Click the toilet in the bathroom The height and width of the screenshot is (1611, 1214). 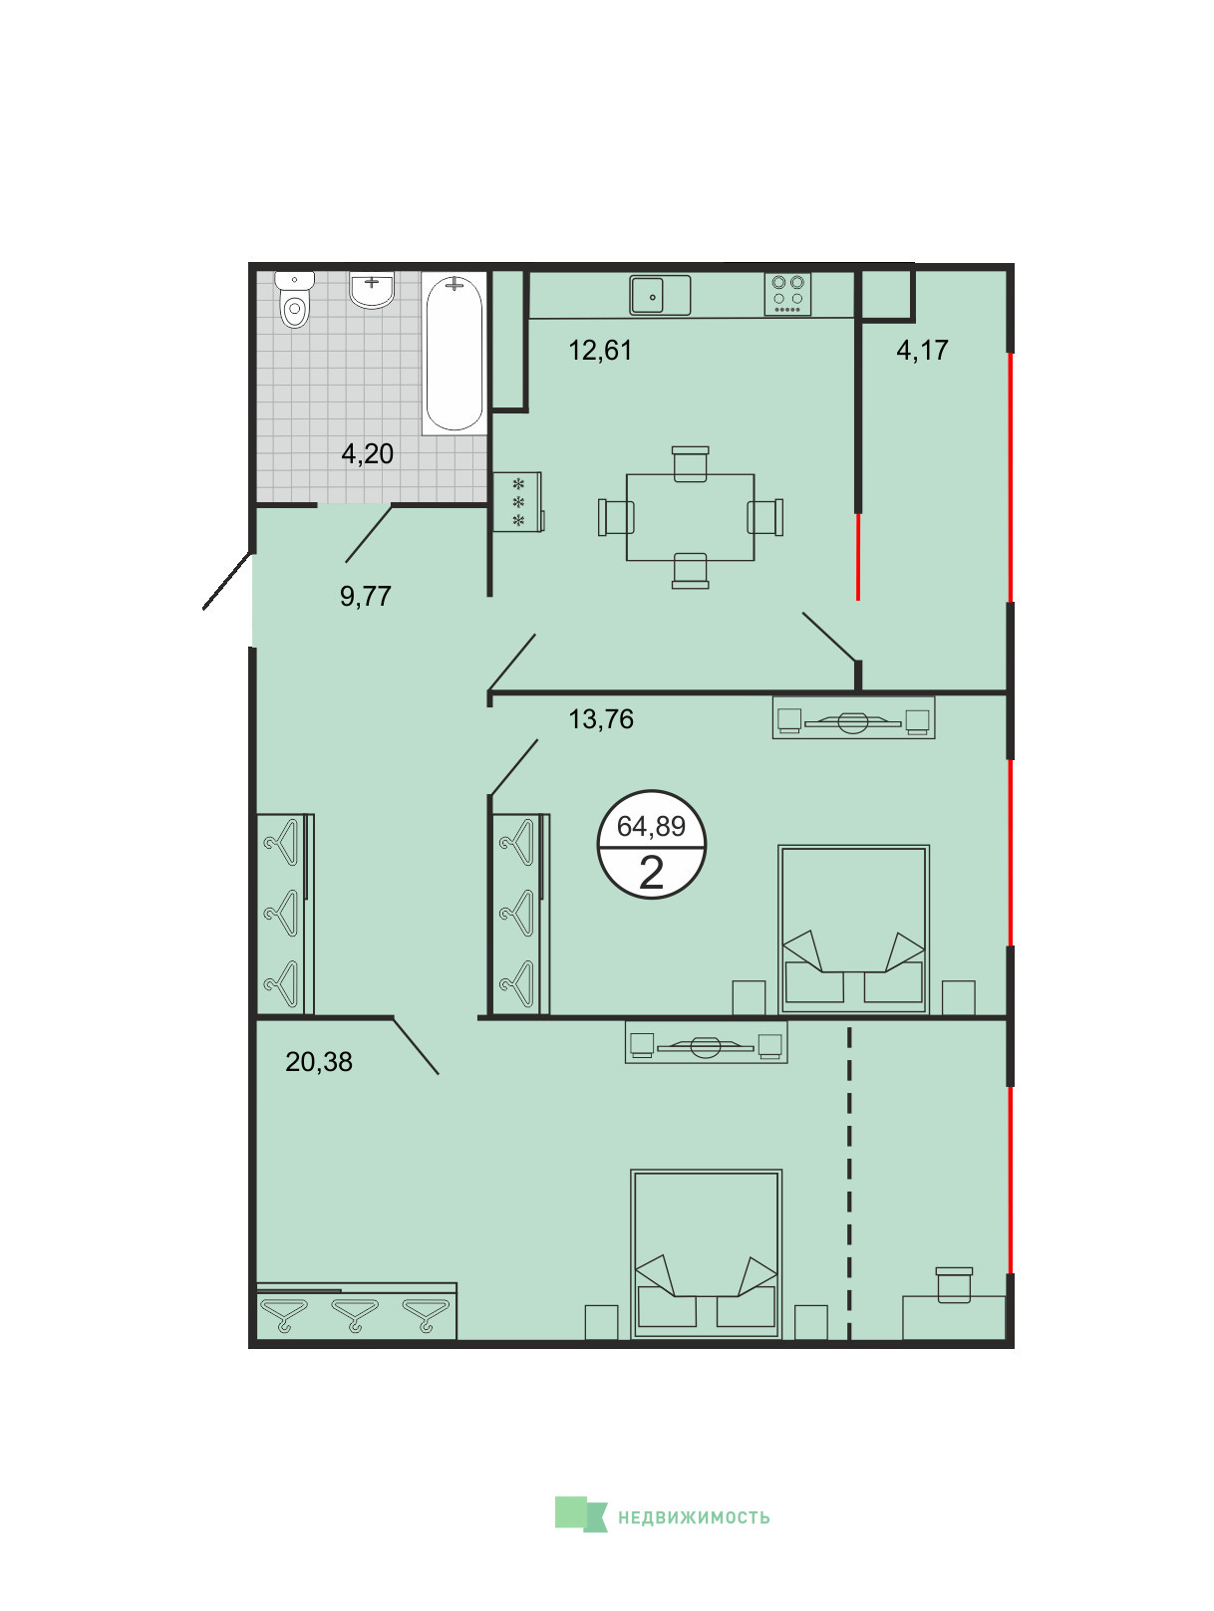[294, 300]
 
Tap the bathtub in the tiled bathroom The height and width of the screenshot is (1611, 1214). [455, 353]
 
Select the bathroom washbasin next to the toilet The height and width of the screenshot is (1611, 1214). [372, 290]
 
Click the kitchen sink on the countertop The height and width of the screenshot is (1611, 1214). [659, 295]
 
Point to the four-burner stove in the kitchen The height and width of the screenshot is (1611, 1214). [787, 294]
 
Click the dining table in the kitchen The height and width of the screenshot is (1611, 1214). [690, 517]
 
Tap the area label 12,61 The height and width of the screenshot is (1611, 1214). [600, 350]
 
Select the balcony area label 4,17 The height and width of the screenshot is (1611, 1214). [922, 350]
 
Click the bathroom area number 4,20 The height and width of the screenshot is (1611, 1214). [367, 453]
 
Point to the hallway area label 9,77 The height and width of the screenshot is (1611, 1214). [365, 596]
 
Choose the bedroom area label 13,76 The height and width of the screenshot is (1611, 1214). [600, 719]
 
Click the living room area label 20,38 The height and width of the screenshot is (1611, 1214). [319, 1062]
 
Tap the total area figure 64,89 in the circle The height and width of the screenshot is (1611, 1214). [650, 826]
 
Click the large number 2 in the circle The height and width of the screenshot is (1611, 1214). [651, 873]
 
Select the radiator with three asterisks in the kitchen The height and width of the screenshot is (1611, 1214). [517, 502]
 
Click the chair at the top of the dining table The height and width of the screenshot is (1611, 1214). [690, 464]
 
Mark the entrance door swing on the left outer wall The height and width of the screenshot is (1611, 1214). [227, 581]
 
